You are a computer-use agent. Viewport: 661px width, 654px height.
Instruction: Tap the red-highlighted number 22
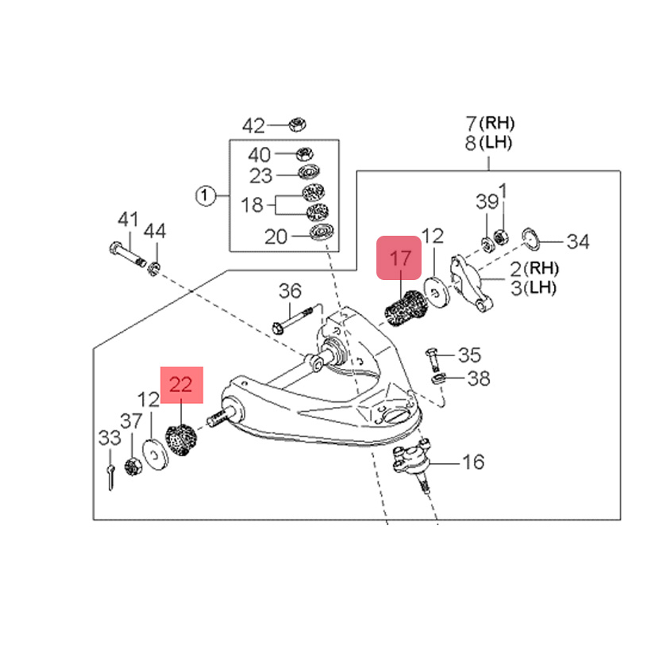[181, 384]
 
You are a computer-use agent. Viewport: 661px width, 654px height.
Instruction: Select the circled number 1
[205, 196]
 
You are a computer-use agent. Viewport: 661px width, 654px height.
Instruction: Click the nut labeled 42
[297, 124]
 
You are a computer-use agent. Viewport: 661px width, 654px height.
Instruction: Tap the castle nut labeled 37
[133, 467]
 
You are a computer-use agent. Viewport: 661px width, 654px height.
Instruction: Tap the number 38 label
[478, 379]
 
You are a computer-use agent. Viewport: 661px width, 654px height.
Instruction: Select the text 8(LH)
[488, 143]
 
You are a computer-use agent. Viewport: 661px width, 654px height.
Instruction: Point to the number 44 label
[155, 231]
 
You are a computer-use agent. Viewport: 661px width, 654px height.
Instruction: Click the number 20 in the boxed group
[275, 237]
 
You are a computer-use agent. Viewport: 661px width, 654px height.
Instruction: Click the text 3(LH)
[533, 288]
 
